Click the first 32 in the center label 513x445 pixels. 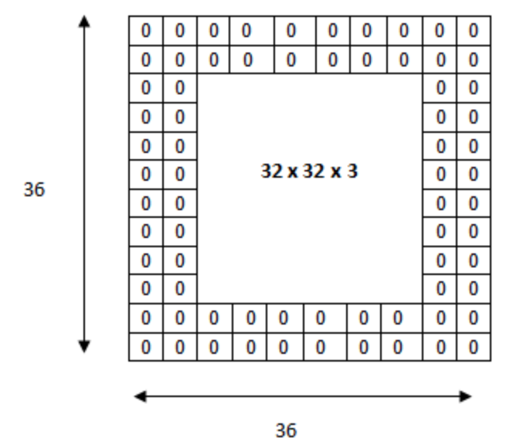click(272, 171)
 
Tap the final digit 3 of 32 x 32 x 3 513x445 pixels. click(352, 171)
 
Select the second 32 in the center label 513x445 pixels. click(314, 171)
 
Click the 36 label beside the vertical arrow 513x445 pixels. click(34, 189)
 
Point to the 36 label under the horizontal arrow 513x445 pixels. click(287, 430)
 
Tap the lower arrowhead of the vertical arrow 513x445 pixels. click(84, 347)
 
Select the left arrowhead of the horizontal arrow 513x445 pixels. click(141, 396)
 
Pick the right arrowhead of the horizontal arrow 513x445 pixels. click(466, 396)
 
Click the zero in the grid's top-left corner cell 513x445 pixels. click(145, 31)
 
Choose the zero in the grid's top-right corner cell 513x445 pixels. click(474, 31)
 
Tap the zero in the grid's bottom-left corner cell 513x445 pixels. click(145, 347)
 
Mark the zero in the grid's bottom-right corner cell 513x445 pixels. click(474, 347)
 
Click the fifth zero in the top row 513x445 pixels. click(290, 31)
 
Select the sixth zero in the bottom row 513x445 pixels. click(321, 347)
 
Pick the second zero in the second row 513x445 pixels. click(179, 60)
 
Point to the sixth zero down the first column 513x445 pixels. click(145, 174)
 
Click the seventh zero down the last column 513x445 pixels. click(474, 203)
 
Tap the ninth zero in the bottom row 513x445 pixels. click(440, 347)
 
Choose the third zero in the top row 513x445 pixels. click(214, 31)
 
